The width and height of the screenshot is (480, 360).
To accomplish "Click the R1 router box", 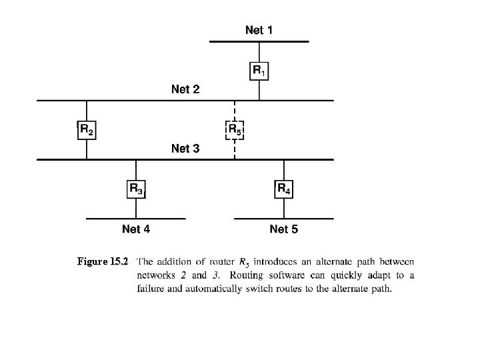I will pos(259,70).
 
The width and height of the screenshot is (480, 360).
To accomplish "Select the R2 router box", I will pos(87,129).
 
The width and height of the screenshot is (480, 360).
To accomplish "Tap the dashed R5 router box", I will pos(235,129).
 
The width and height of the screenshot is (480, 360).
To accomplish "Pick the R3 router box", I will pos(136,189).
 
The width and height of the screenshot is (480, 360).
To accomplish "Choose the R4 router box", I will pos(284,189).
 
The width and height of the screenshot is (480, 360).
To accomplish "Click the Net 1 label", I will pos(259,30).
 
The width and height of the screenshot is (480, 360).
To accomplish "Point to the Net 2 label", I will pos(185,89).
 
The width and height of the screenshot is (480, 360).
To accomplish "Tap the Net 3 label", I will pos(185,149).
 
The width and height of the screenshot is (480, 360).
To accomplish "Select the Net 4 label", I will pos(136,229).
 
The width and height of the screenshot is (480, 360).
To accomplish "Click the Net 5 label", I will pos(284,229).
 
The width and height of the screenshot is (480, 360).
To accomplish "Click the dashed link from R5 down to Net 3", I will pos(235,149).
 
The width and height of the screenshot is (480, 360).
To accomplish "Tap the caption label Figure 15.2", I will pos(102,261).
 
